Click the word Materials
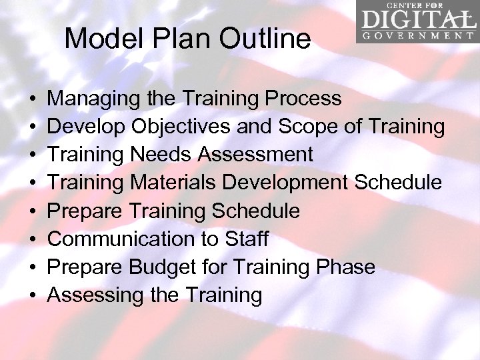point(175,183)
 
